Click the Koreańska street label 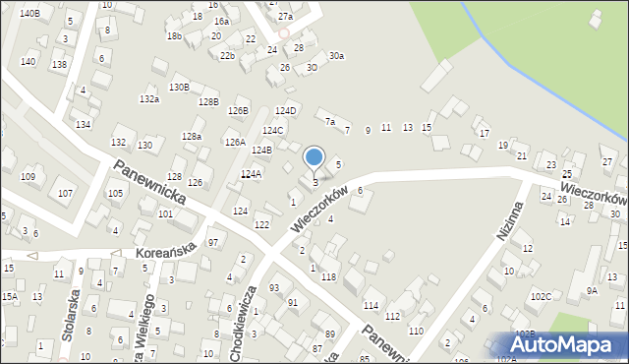(x=167, y=254)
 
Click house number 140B (x=29, y=13)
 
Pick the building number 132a (x=149, y=99)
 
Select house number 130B (x=179, y=87)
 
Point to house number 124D (x=285, y=110)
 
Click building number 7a (x=330, y=123)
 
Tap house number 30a (x=336, y=56)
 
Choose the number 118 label (x=328, y=277)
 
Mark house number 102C (x=540, y=296)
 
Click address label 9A (x=592, y=290)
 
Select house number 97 (x=213, y=243)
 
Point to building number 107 (x=65, y=193)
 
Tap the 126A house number (x=235, y=142)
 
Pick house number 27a (x=285, y=17)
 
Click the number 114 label (x=371, y=306)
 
